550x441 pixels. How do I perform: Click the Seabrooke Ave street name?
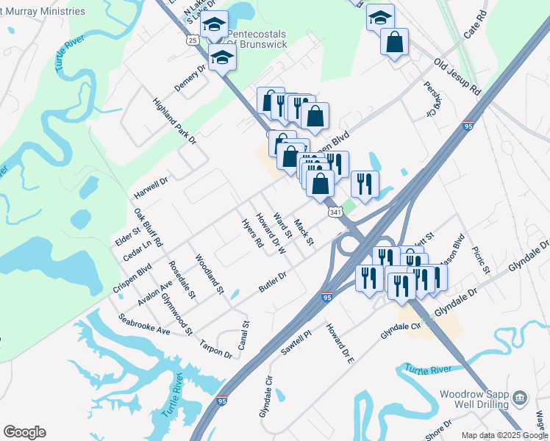click(x=144, y=325)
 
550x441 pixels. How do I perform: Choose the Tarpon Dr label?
click(x=217, y=349)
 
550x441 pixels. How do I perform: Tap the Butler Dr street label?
click(x=272, y=282)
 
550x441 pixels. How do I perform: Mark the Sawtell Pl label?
click(x=296, y=343)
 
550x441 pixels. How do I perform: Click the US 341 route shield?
click(x=335, y=212)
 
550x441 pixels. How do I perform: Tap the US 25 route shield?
click(x=193, y=41)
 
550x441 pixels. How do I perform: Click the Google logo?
click(x=24, y=432)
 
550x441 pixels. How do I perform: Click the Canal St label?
click(x=246, y=333)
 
